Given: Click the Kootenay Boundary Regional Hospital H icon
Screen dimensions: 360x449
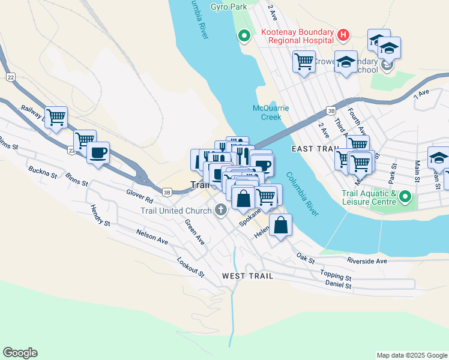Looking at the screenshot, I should click(x=343, y=35).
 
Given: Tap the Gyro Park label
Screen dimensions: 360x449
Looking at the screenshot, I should click(x=229, y=7).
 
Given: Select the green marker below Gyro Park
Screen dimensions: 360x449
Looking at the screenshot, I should click(x=244, y=36).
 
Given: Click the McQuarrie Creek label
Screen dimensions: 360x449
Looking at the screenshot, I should click(x=271, y=112).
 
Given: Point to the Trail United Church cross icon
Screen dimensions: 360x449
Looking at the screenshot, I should click(x=220, y=210).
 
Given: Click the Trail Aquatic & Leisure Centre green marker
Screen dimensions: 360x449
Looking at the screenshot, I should click(x=405, y=196).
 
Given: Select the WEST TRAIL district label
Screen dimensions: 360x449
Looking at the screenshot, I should click(x=247, y=276).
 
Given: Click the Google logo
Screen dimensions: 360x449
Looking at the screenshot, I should click(x=20, y=353).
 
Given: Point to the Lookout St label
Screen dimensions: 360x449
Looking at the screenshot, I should click(x=191, y=266).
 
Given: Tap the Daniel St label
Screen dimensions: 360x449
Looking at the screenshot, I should click(x=339, y=286).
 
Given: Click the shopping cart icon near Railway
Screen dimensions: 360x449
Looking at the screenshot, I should click(x=56, y=116).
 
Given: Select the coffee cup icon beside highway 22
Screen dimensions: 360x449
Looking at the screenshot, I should click(x=98, y=152).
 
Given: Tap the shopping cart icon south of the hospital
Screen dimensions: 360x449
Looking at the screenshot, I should click(x=304, y=61).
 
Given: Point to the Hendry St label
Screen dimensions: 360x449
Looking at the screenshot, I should click(x=100, y=215).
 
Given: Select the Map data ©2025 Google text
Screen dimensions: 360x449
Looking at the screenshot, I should click(x=412, y=355).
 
